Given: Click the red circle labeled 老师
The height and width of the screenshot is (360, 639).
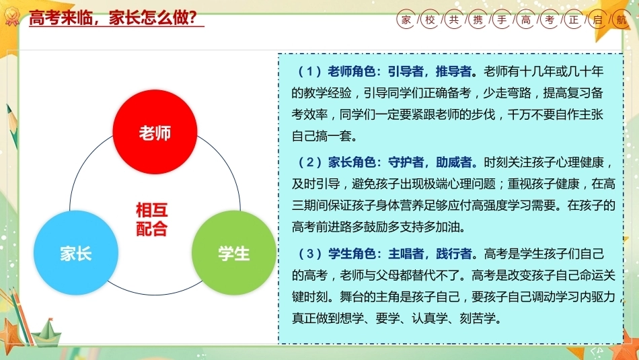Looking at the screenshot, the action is point(155,132).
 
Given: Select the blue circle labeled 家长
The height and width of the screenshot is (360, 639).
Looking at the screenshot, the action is point(76,253).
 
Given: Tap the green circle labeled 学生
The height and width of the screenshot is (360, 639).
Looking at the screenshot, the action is point(234,253).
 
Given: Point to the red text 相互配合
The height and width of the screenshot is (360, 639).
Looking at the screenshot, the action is point(151,219).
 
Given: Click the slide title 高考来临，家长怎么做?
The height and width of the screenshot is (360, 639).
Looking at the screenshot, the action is point(113,18).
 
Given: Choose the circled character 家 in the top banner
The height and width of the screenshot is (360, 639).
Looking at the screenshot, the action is point(406,20).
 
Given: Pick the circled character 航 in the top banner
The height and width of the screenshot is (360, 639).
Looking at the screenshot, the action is point(622,20).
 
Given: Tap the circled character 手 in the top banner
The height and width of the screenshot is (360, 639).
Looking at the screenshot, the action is point(502,20).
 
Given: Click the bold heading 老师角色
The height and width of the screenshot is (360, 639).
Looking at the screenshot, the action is point(351,72).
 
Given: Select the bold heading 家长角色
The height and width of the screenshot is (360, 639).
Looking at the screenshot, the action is point(351,163).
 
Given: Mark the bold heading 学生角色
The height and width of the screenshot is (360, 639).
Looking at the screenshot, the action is point(351,254).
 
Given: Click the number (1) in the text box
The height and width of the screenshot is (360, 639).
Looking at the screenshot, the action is point(309,72).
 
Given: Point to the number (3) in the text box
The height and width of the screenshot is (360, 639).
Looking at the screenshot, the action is point(309,254).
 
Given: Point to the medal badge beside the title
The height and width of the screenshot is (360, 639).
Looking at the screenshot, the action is point(11,17).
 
